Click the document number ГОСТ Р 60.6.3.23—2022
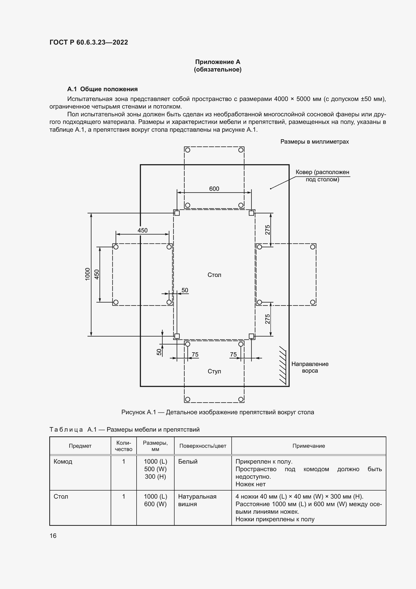tap(89, 42)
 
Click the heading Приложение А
tap(218, 62)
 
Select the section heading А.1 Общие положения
tap(102, 89)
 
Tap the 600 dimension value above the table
tap(214, 189)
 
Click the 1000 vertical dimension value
tap(88, 274)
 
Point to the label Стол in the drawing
tap(214, 275)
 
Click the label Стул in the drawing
tap(214, 371)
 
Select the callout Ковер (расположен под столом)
tap(322, 176)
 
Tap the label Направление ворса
tap(310, 367)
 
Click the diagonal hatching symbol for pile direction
tap(282, 365)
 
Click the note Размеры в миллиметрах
tap(315, 142)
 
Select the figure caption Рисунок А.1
tap(218, 412)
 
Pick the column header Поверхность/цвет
tap(203, 446)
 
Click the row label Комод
tap(63, 462)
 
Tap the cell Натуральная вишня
tap(197, 500)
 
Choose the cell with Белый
tap(188, 462)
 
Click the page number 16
tap(53, 536)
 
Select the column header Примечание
tap(309, 446)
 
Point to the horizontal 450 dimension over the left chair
tap(142, 230)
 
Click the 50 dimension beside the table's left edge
tap(185, 290)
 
